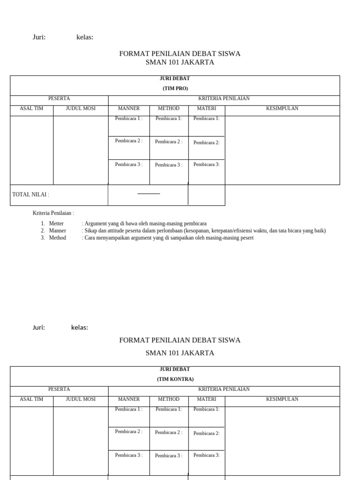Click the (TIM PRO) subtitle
pos(175,88)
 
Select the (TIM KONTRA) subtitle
pos(175,379)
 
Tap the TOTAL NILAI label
pos(30,195)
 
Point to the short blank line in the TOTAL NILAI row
pos(149,194)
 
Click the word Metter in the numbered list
pos(56,224)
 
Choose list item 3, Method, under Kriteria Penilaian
pos(57,238)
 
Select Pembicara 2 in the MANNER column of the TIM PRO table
pos(128,141)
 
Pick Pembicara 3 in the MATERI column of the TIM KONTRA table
pos(206,455)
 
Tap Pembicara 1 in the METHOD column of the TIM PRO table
pos(168,119)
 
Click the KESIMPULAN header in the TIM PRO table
pos(282,108)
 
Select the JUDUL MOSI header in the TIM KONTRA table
pos(81,399)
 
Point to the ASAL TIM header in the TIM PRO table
pos(31,108)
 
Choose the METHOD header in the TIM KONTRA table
pos(169,399)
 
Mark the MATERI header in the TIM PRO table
pos(206,108)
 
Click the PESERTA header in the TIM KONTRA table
pos(59,389)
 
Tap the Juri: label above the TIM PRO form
pos(39,37)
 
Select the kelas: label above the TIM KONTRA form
pos(80,328)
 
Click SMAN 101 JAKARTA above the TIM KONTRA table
pos(180,353)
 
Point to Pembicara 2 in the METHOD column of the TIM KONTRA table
pos(169,432)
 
